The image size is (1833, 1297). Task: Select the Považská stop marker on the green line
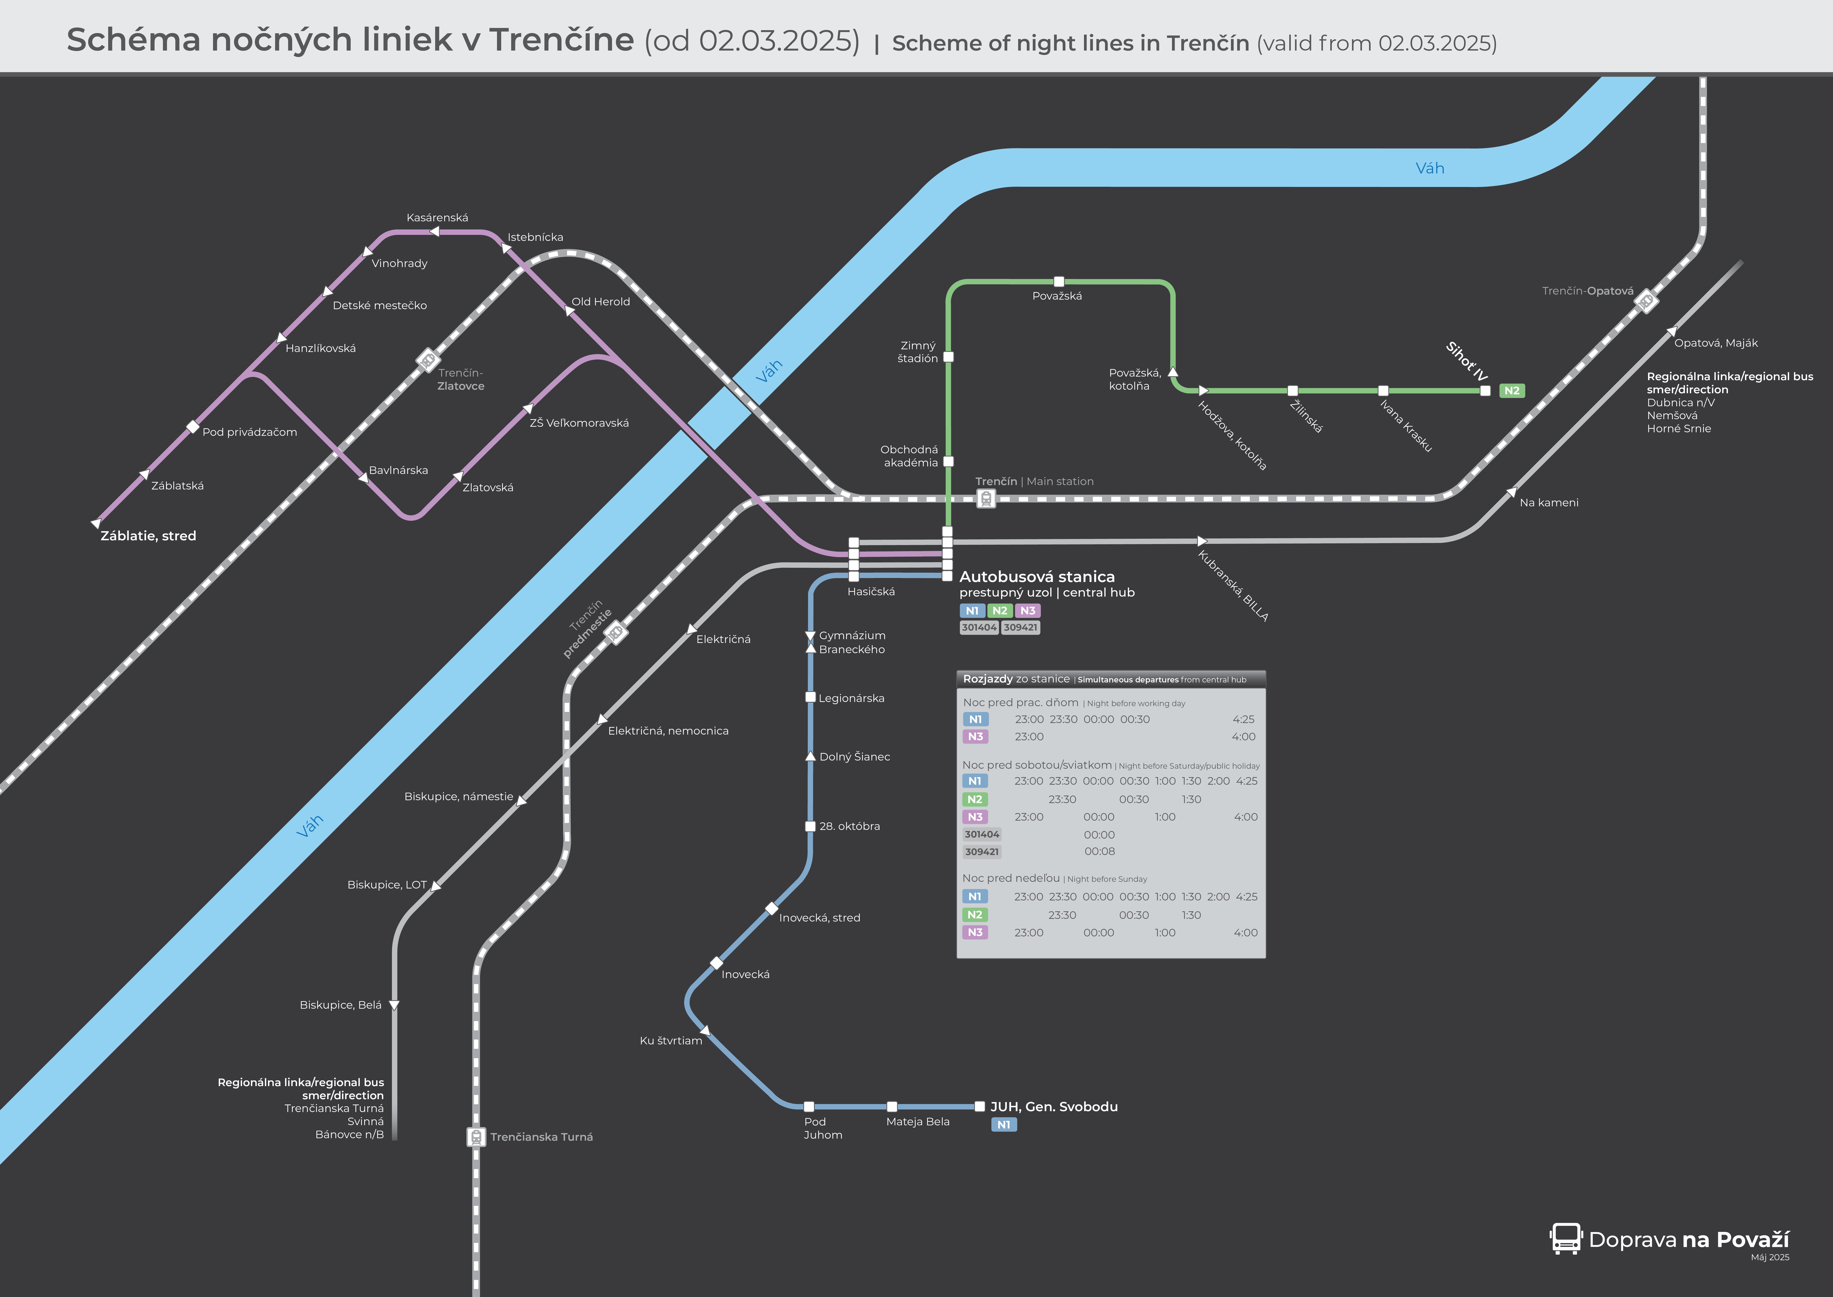click(x=1059, y=282)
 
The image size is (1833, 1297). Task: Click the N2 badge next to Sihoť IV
click(x=1511, y=391)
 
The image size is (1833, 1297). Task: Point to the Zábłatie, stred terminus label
click(x=149, y=536)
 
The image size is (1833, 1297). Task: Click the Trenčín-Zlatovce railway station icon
click(x=428, y=360)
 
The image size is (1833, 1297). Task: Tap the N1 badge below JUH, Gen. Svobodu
click(x=1004, y=1124)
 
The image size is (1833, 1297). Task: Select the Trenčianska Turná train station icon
click(x=476, y=1136)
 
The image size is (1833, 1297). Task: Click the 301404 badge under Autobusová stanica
click(x=979, y=628)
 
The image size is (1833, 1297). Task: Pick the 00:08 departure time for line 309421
click(x=1099, y=851)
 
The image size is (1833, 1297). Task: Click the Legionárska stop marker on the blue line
click(x=810, y=697)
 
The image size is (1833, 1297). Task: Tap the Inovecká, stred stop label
click(x=820, y=918)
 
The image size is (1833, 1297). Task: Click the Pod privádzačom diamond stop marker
click(x=192, y=426)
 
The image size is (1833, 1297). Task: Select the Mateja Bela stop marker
click(x=892, y=1107)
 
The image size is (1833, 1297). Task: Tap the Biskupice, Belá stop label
click(x=341, y=1005)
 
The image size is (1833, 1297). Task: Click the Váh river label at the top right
click(x=1430, y=169)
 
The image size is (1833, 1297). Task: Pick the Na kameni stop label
click(x=1549, y=502)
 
